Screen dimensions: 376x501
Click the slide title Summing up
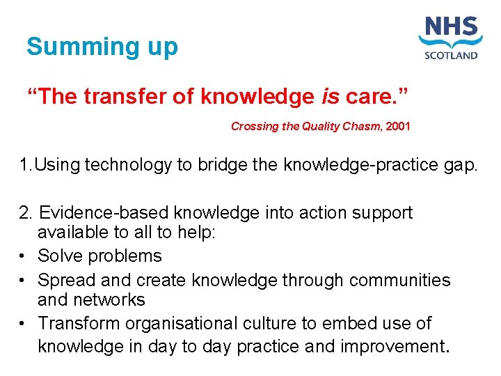click(102, 47)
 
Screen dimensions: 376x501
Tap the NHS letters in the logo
click(451, 30)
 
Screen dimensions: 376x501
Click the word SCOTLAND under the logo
click(451, 56)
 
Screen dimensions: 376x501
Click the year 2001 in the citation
click(398, 127)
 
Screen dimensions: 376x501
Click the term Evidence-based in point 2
click(104, 212)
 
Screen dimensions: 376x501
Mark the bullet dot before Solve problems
click(24, 256)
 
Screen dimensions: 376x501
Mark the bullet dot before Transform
click(24, 324)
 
